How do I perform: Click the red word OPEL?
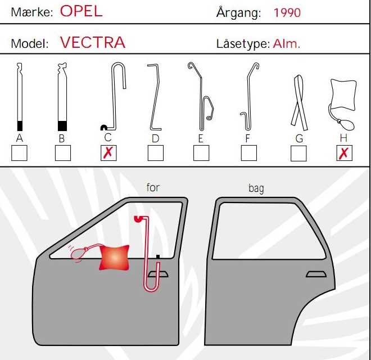coord(81,11)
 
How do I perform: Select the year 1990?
coord(287,13)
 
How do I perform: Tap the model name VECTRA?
coord(93,42)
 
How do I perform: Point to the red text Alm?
coord(286,43)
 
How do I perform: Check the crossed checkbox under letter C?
coord(108,153)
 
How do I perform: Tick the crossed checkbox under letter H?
coord(344,153)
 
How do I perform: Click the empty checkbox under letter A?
coord(19,153)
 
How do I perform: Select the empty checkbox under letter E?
coord(201,153)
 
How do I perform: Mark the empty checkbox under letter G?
coord(298,153)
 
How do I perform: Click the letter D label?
coord(156,138)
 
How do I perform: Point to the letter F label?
coord(247,138)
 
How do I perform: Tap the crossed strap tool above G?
coord(299,103)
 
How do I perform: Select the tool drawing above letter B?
coord(62,97)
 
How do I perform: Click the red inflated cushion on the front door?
coord(115,258)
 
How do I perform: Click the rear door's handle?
coord(316,274)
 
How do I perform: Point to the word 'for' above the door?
coord(153,187)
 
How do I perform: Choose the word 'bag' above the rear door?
coord(256,189)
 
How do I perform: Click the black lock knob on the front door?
coord(158,256)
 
